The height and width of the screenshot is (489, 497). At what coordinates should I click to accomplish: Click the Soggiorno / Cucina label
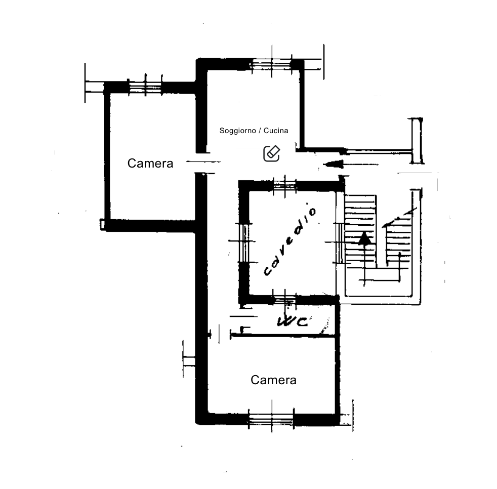[254, 131]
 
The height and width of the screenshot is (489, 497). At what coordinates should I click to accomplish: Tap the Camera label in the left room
[150, 164]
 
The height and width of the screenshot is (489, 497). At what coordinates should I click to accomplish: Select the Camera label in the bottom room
[273, 380]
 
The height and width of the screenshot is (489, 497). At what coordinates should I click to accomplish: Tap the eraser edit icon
[272, 153]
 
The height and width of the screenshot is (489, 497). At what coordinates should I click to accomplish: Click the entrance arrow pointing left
[351, 165]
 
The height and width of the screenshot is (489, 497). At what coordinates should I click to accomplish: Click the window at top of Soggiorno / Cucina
[271, 64]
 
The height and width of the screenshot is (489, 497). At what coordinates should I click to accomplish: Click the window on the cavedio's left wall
[244, 242]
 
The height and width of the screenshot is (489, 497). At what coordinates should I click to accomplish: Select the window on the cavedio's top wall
[285, 185]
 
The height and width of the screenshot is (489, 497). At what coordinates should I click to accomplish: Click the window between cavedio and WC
[285, 300]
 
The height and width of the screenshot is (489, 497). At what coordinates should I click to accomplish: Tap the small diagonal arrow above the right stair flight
[399, 218]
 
